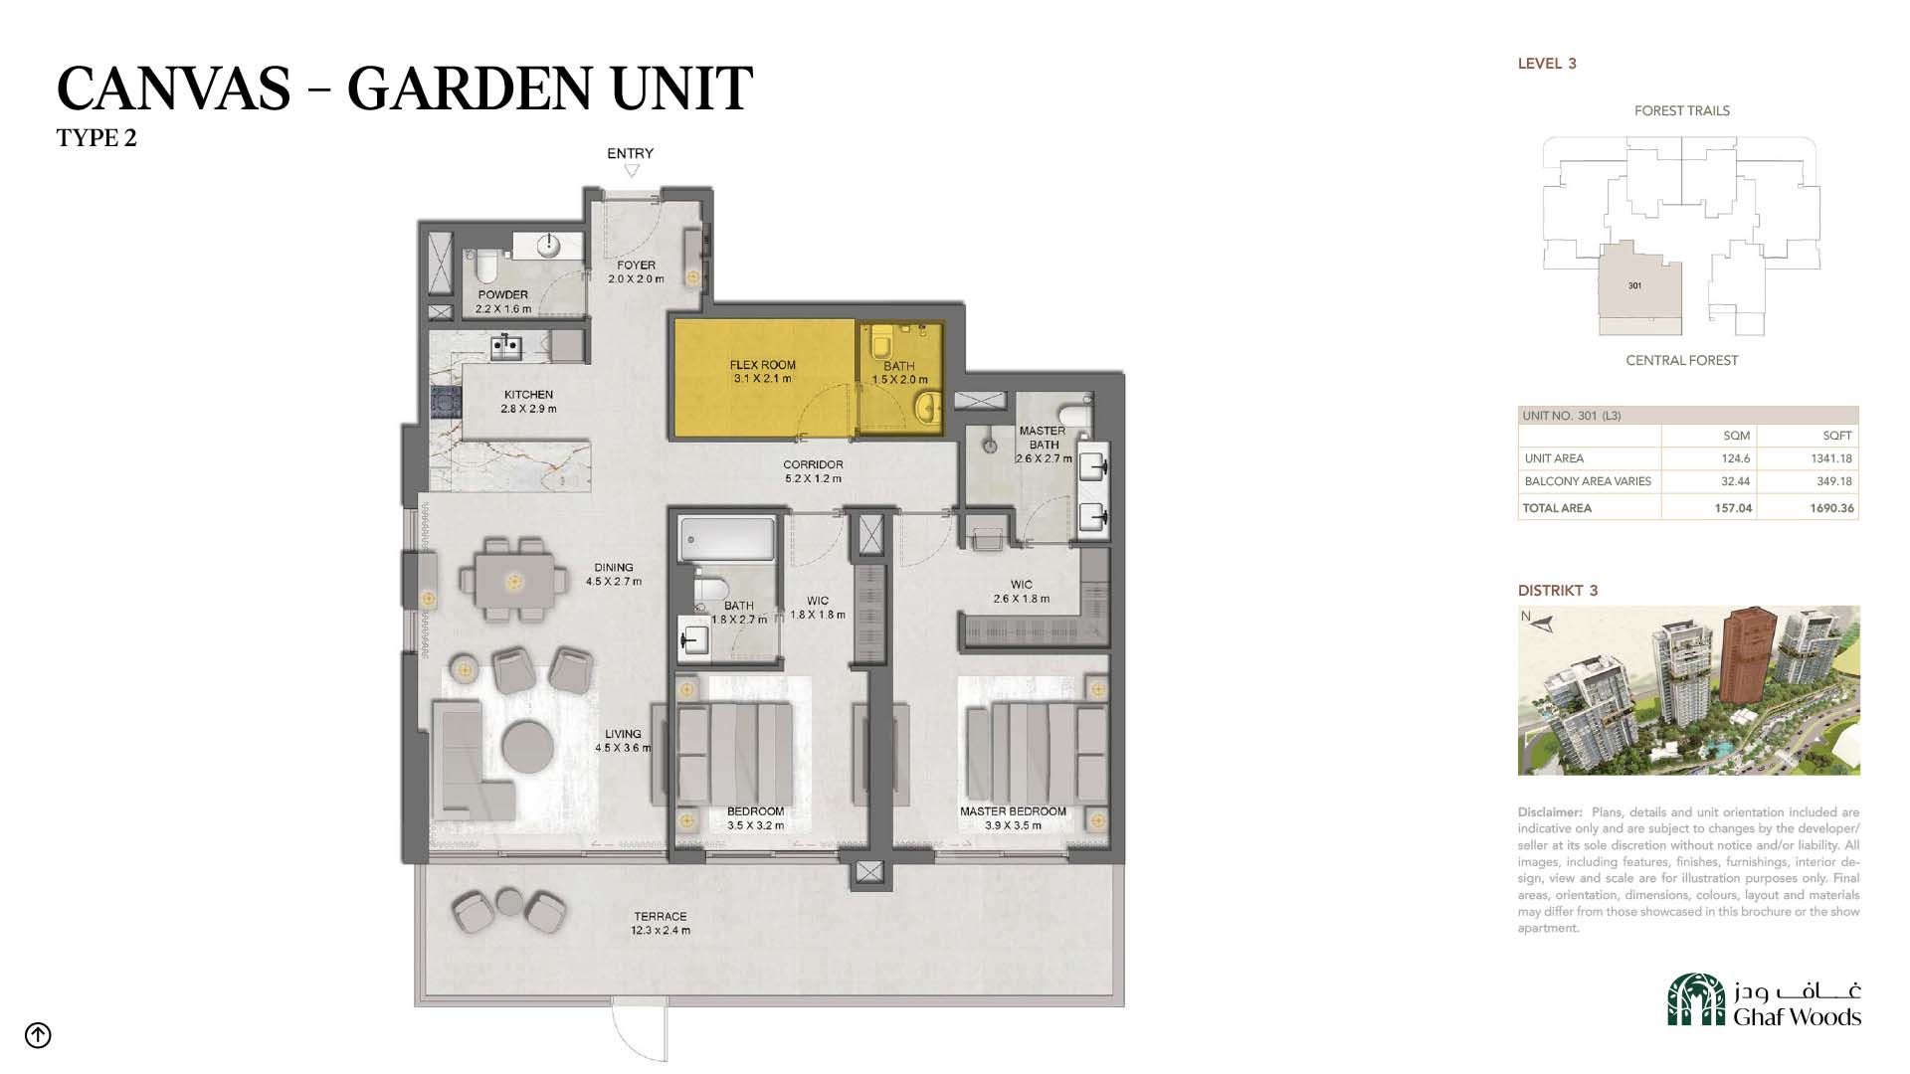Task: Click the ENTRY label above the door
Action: point(630,153)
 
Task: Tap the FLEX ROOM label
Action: point(763,365)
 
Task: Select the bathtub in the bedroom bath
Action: point(727,540)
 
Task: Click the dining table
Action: point(513,581)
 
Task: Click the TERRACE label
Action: point(661,917)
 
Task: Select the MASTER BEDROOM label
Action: point(1013,811)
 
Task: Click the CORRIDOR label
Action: point(813,464)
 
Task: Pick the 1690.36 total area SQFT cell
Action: point(1831,508)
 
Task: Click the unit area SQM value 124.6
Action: point(1736,458)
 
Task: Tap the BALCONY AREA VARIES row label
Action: point(1588,481)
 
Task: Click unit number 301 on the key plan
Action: point(1634,286)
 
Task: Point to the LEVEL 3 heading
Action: point(1547,64)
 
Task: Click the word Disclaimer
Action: point(1550,812)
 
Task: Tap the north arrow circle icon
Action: point(38,1035)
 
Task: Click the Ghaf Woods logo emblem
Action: point(1696,999)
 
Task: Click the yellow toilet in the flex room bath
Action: point(881,345)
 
